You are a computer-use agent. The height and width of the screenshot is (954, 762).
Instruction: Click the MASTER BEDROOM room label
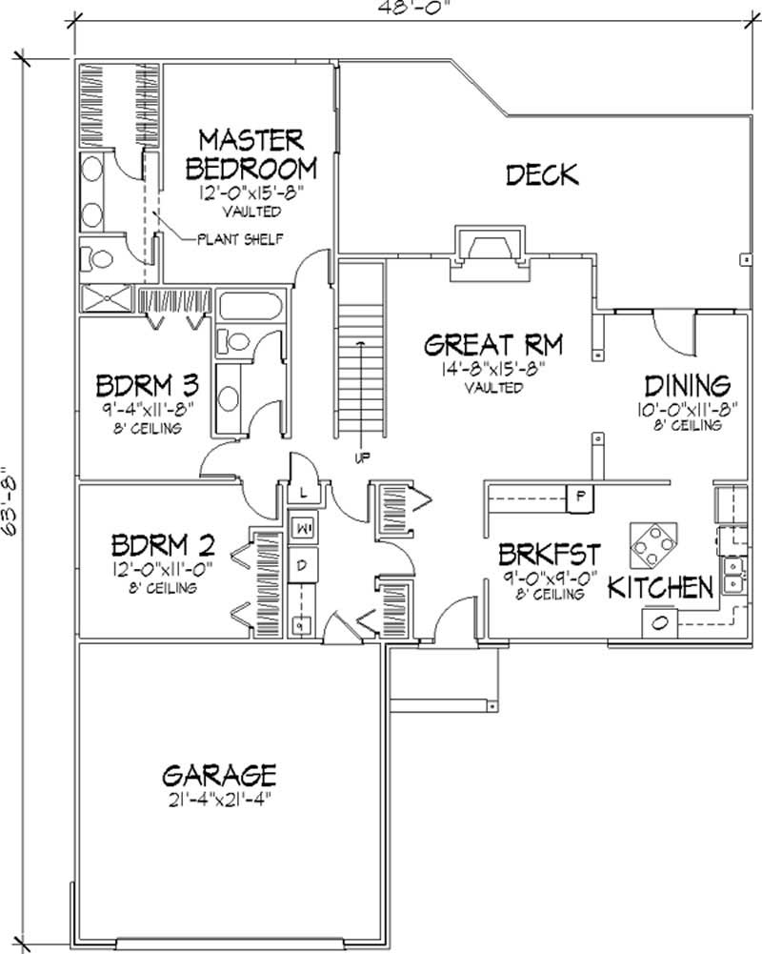pos(251,154)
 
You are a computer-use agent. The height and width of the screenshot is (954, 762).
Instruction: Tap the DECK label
pos(542,174)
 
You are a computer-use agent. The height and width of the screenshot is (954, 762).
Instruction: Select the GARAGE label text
pos(218,772)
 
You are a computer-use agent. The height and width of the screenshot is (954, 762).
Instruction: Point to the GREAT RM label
pos(493,344)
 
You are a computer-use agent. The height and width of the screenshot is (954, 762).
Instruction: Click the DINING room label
pos(688,385)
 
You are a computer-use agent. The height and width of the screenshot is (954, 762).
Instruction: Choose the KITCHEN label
pos(661,587)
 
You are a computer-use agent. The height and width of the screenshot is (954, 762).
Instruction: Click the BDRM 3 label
pos(148,386)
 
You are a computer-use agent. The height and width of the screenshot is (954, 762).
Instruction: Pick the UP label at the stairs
pos(362,457)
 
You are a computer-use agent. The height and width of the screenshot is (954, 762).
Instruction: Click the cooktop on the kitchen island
pos(653,545)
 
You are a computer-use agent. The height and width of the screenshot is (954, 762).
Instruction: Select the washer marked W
pos(301,526)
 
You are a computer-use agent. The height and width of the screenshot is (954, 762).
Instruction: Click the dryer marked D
pos(301,565)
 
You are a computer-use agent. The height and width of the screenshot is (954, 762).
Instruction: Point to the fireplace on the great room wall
pos(488,245)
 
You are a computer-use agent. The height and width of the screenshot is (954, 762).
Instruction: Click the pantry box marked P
pos(580,496)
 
